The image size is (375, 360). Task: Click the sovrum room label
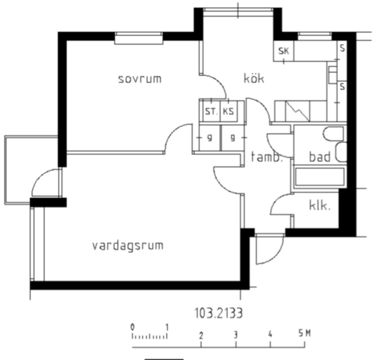point(140,79)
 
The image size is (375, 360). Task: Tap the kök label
point(254,78)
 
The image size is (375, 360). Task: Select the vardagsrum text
point(128,246)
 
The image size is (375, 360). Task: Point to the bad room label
point(320,156)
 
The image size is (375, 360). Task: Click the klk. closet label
point(320,205)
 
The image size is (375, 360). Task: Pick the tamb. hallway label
point(267,157)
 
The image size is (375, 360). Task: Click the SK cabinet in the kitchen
point(284,51)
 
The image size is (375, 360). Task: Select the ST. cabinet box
point(212,111)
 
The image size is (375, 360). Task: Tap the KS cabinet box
point(229,111)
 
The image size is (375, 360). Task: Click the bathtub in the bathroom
point(320,177)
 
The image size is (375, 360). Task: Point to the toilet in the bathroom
point(334,134)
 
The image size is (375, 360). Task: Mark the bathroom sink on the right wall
point(341,152)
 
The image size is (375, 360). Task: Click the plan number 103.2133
point(219,313)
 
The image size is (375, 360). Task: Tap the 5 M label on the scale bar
point(304,333)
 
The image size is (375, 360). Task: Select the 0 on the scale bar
point(132,327)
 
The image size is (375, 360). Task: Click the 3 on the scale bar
point(236,335)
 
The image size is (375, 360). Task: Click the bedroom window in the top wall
point(139,38)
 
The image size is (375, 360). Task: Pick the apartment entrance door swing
point(270,249)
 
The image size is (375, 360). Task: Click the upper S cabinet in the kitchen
point(343,48)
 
